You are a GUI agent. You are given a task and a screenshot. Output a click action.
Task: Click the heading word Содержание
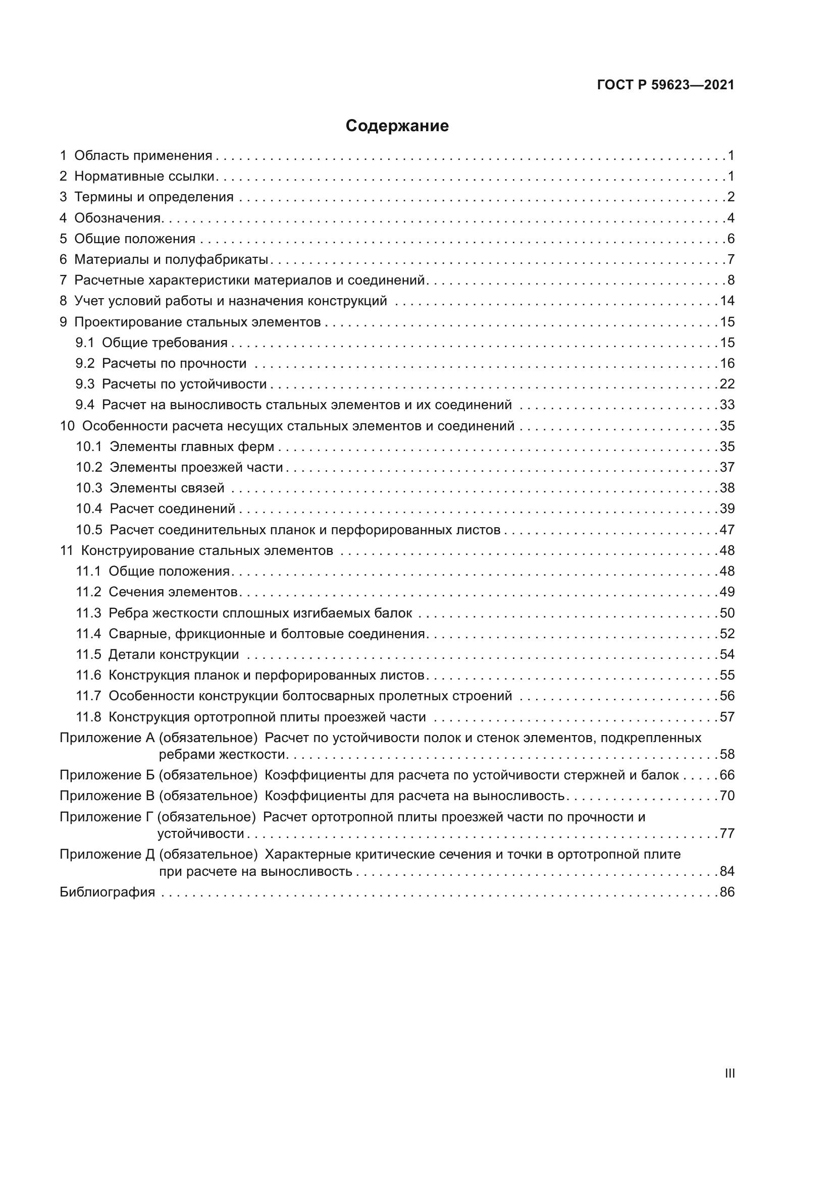pyautogui.click(x=397, y=126)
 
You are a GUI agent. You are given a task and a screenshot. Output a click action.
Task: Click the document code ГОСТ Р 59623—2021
pyautogui.click(x=665, y=85)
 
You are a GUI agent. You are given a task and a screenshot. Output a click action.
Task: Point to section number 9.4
pyautogui.click(x=85, y=405)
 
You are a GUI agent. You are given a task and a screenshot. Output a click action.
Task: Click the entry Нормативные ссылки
pyautogui.click(x=144, y=176)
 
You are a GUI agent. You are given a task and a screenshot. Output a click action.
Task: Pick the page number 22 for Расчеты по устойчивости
pyautogui.click(x=727, y=384)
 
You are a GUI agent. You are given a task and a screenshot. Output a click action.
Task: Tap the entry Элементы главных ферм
pyautogui.click(x=192, y=446)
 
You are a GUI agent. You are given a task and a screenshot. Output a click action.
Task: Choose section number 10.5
pyautogui.click(x=89, y=530)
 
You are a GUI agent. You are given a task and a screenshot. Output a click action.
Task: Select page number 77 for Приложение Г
pyautogui.click(x=727, y=833)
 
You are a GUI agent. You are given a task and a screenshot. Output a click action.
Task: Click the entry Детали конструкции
pyautogui.click(x=173, y=654)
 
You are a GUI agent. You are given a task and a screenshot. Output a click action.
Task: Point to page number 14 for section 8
pyautogui.click(x=727, y=301)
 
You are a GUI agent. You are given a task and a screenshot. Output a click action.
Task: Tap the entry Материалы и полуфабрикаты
pyautogui.click(x=171, y=259)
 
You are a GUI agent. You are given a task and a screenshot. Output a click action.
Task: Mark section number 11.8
pyautogui.click(x=88, y=717)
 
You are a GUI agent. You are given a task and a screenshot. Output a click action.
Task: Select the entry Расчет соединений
pyautogui.click(x=172, y=509)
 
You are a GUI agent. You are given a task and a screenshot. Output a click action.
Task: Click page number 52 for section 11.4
pyautogui.click(x=727, y=634)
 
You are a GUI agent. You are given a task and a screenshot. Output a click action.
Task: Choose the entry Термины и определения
pyautogui.click(x=154, y=197)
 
